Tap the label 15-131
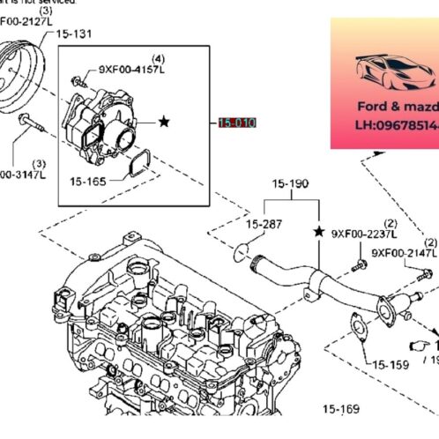[x=75, y=33]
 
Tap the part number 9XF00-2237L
[x=364, y=234]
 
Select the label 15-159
[x=391, y=362]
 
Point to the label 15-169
[x=341, y=409]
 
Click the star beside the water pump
[x=164, y=123]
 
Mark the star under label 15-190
[x=318, y=231]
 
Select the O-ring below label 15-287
[x=241, y=255]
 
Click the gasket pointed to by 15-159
[x=357, y=326]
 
